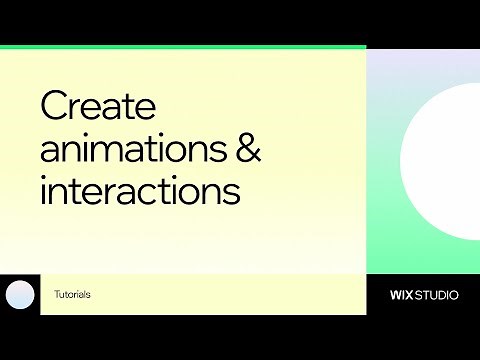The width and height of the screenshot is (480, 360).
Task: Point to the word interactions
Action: (x=140, y=191)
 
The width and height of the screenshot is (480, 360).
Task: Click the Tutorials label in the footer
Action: (x=72, y=295)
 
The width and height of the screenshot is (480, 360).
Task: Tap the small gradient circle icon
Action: (x=20, y=295)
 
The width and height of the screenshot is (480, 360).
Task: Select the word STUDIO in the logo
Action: (x=439, y=295)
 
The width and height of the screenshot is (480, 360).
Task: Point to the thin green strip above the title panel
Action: (x=183, y=47)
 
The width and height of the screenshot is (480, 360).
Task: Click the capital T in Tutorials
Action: (x=57, y=295)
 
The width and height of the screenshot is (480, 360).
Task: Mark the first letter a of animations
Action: (x=50, y=152)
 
